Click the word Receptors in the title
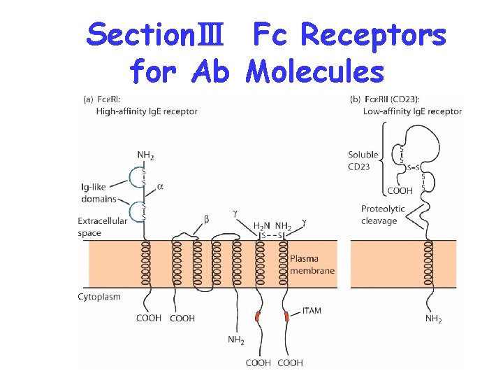[377, 35]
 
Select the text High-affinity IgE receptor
[147, 111]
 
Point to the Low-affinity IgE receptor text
[412, 111]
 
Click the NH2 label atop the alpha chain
[146, 155]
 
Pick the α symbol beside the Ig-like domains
[161, 187]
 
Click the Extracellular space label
[103, 227]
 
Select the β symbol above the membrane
[206, 219]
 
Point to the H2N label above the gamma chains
[262, 226]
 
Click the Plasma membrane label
[312, 265]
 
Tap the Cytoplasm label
[99, 297]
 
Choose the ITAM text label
[312, 310]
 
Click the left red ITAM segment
[258, 317]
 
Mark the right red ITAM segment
[287, 317]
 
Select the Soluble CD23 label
[363, 160]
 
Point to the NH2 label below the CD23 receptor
[433, 319]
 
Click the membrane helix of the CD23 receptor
[427, 264]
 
